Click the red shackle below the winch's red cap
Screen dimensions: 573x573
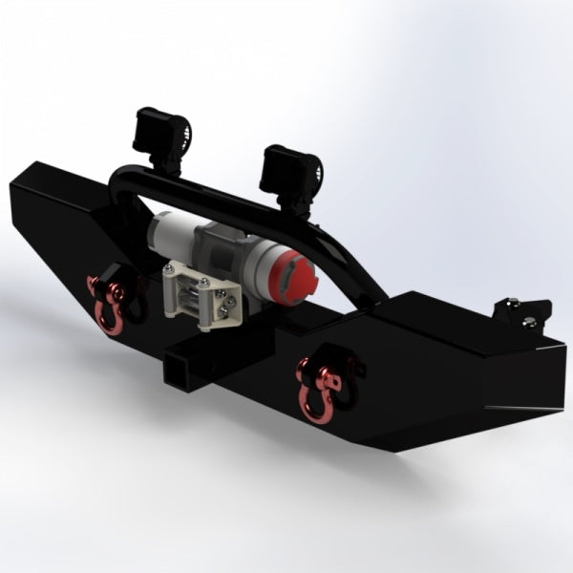click(x=315, y=386)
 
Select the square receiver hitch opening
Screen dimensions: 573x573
click(x=178, y=366)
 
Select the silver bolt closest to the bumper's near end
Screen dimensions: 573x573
click(x=526, y=324)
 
